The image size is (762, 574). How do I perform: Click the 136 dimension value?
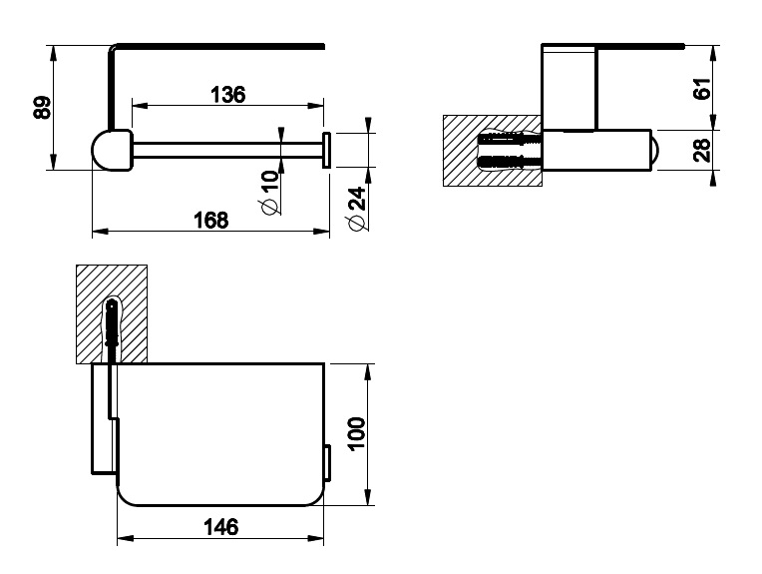tap(228, 95)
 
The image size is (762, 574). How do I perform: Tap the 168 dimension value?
tap(210, 221)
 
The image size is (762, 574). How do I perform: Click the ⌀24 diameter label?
tap(357, 209)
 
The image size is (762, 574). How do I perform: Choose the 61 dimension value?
tap(702, 88)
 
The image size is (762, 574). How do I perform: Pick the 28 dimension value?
tap(702, 150)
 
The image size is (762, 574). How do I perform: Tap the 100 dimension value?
tap(357, 434)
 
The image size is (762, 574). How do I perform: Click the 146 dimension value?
tap(221, 527)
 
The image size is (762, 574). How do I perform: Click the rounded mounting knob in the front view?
tap(113, 150)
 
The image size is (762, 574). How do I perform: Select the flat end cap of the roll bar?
tap(326, 150)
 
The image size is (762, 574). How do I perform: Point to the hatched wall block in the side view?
tap(492, 151)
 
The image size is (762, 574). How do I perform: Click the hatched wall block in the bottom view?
tap(112, 314)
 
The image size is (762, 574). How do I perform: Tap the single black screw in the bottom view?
tap(112, 329)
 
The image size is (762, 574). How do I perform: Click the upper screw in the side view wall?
tap(511, 140)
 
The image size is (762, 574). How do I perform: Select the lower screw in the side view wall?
tap(511, 161)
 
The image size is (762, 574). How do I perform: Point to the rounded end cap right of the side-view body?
tap(654, 150)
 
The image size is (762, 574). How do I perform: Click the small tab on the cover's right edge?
tap(327, 463)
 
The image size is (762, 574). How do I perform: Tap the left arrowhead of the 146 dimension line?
tap(125, 538)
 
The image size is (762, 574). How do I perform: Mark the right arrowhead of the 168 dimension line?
tap(322, 232)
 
